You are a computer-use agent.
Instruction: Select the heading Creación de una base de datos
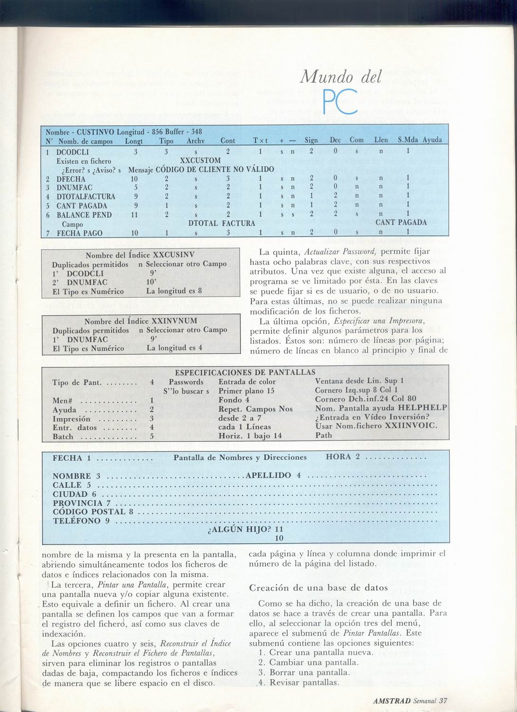[319, 588]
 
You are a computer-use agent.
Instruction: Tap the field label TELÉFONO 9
[81, 521]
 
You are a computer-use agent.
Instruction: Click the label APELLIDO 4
[273, 476]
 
